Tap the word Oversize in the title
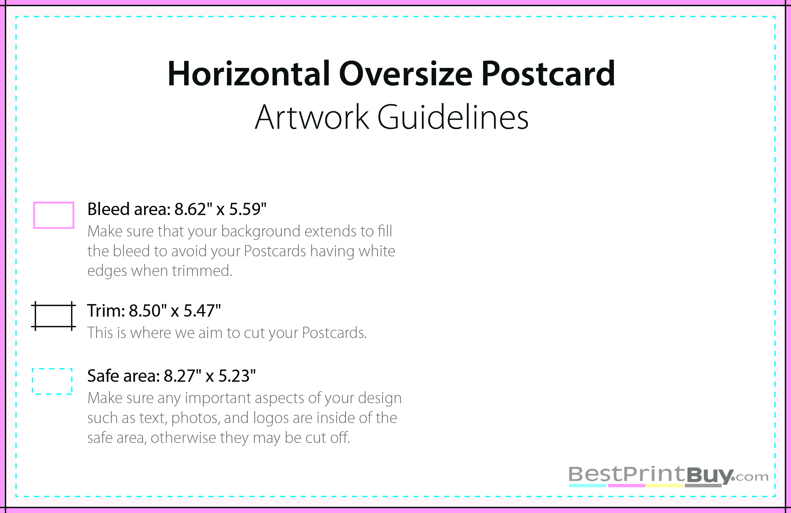click(x=406, y=73)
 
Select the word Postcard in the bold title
click(x=548, y=73)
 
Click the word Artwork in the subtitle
click(x=312, y=117)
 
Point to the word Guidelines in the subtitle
click(x=453, y=117)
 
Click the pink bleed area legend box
click(x=54, y=203)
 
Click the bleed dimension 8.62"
click(x=193, y=209)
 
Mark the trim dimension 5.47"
click(x=202, y=311)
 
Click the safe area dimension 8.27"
click(x=183, y=376)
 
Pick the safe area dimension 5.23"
click(x=237, y=376)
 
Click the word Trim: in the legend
click(x=106, y=311)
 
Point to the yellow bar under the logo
click(x=665, y=486)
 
